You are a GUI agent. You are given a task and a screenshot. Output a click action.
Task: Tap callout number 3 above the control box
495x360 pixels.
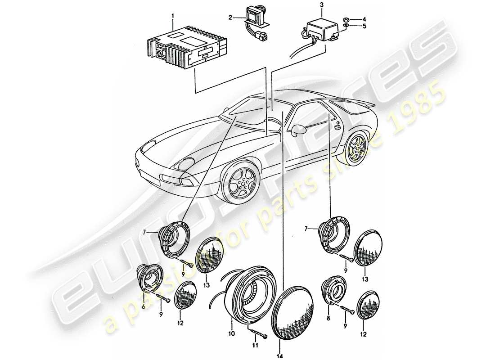[x=321, y=5]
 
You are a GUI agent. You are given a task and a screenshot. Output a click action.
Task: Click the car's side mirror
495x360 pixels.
[x=297, y=130]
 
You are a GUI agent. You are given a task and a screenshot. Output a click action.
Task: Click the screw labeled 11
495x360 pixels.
[x=256, y=333]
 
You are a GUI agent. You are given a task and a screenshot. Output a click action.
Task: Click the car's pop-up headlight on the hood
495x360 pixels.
[x=184, y=163]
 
